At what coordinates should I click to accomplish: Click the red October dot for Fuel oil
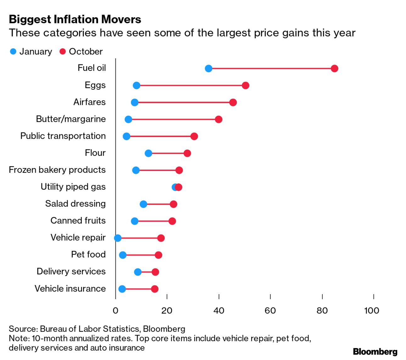(334, 69)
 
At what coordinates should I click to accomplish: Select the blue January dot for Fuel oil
(209, 69)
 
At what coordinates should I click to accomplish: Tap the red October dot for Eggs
(246, 86)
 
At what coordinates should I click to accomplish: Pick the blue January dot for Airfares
(135, 103)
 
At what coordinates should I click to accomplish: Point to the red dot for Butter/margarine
(219, 120)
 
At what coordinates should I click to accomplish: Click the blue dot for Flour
(148, 153)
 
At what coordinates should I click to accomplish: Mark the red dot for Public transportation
(194, 136)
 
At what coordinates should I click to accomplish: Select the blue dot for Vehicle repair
(118, 238)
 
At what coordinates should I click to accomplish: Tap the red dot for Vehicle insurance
(155, 289)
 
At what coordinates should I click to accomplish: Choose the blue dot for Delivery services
(138, 272)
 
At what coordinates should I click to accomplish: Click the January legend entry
(31, 52)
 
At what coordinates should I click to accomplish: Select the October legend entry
(81, 52)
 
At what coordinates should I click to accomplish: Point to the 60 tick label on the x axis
(270, 311)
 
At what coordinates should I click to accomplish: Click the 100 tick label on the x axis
(372, 311)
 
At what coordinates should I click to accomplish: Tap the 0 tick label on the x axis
(115, 311)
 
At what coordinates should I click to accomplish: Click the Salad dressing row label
(75, 204)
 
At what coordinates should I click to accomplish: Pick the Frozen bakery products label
(57, 170)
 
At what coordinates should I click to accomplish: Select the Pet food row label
(88, 254)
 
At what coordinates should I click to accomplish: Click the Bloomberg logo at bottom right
(375, 352)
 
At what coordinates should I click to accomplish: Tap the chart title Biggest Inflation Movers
(75, 20)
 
